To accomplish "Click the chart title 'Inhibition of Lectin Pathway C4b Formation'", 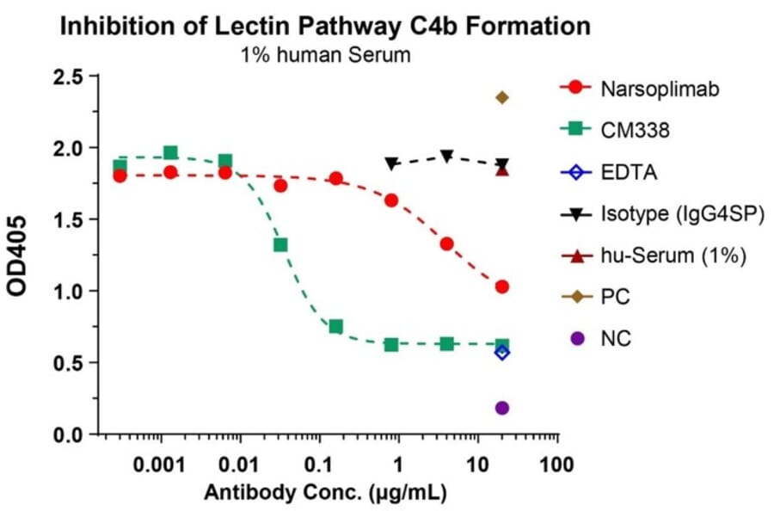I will pos(324,26).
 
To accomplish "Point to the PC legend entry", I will pos(616,298).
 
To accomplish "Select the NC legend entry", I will pos(616,339).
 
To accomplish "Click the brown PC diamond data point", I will pos(502,97).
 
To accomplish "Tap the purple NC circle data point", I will pos(502,408).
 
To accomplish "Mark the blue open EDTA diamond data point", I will pos(502,353).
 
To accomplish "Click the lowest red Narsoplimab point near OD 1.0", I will pos(502,286).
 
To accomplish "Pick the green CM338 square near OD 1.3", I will pos(280,245).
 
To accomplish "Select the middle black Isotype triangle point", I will pos(447,156).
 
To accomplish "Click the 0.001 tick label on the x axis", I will pos(161,465).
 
